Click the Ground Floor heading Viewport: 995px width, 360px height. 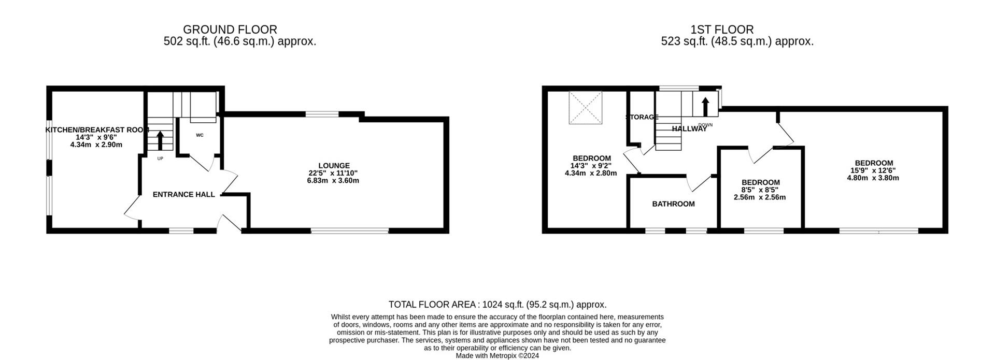(x=230, y=30)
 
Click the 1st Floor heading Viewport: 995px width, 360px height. (x=722, y=30)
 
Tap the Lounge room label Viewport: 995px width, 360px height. (x=334, y=166)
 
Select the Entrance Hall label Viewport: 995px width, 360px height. (x=183, y=195)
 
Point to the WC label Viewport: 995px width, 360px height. (x=200, y=135)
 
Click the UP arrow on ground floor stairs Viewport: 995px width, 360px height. (x=160, y=140)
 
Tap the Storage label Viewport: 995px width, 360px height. (x=642, y=117)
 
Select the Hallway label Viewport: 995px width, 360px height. (x=689, y=129)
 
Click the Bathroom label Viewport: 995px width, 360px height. (x=673, y=204)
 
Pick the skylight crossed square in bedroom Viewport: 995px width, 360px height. (x=586, y=108)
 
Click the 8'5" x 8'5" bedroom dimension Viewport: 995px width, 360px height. (x=760, y=190)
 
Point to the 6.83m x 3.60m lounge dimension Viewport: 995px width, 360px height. (x=333, y=181)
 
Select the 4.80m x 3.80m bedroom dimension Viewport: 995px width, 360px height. (x=873, y=178)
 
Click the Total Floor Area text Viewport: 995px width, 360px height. (x=497, y=305)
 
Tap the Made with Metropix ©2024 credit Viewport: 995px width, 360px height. (x=497, y=356)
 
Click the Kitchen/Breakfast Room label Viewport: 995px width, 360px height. (x=97, y=130)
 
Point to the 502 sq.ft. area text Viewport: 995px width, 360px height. (x=239, y=41)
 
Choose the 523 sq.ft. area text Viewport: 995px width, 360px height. (x=737, y=41)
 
